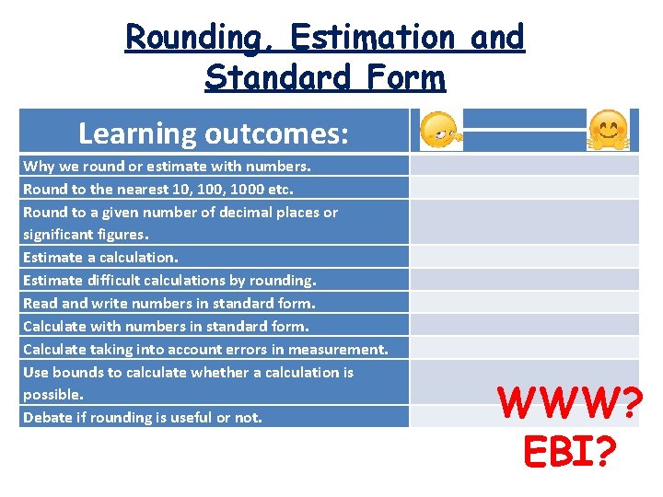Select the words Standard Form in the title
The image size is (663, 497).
pyautogui.click(x=325, y=77)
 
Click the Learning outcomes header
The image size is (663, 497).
pyautogui.click(x=214, y=133)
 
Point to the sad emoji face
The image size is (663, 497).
pyautogui.click(x=437, y=132)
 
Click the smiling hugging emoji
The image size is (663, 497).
pyautogui.click(x=608, y=130)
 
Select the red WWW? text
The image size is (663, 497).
pyautogui.click(x=567, y=403)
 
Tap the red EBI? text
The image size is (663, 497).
pyautogui.click(x=567, y=451)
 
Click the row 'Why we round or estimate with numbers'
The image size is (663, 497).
pyautogui.click(x=167, y=167)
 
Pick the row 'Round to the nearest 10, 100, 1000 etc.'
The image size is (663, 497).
pyautogui.click(x=157, y=190)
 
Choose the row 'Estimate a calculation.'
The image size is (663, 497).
pyautogui.click(x=100, y=258)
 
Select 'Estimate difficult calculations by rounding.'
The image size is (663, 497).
pyautogui.click(x=169, y=280)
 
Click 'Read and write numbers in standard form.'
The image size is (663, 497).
pyautogui.click(x=169, y=303)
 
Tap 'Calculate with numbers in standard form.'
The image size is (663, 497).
pyautogui.click(x=166, y=326)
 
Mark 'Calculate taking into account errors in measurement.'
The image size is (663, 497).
pyautogui.click(x=205, y=349)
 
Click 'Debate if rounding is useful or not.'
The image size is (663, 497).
pyautogui.click(x=143, y=417)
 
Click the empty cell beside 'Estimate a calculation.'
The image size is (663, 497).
pyautogui.click(x=524, y=258)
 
